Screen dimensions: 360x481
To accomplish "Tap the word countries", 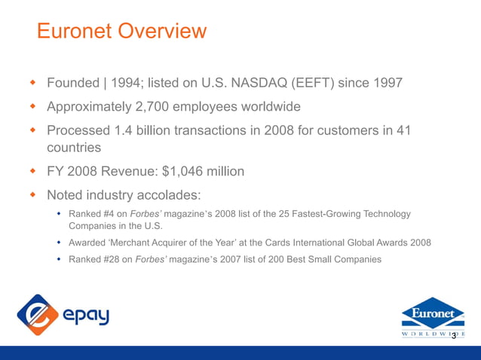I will click(74, 147).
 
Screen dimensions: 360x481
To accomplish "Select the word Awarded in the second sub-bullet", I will click(89, 243).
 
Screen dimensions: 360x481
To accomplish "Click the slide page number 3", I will click(454, 336).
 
